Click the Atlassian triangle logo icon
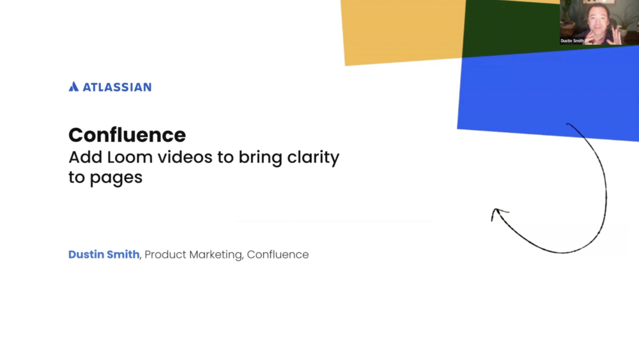pos(73,86)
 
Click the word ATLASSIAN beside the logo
pos(116,87)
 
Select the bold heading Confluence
pos(127,135)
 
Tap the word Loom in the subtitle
pos(128,157)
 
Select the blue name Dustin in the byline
pos(86,254)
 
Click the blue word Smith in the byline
pos(123,254)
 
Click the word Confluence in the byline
pos(278,254)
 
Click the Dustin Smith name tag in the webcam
pos(572,40)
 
